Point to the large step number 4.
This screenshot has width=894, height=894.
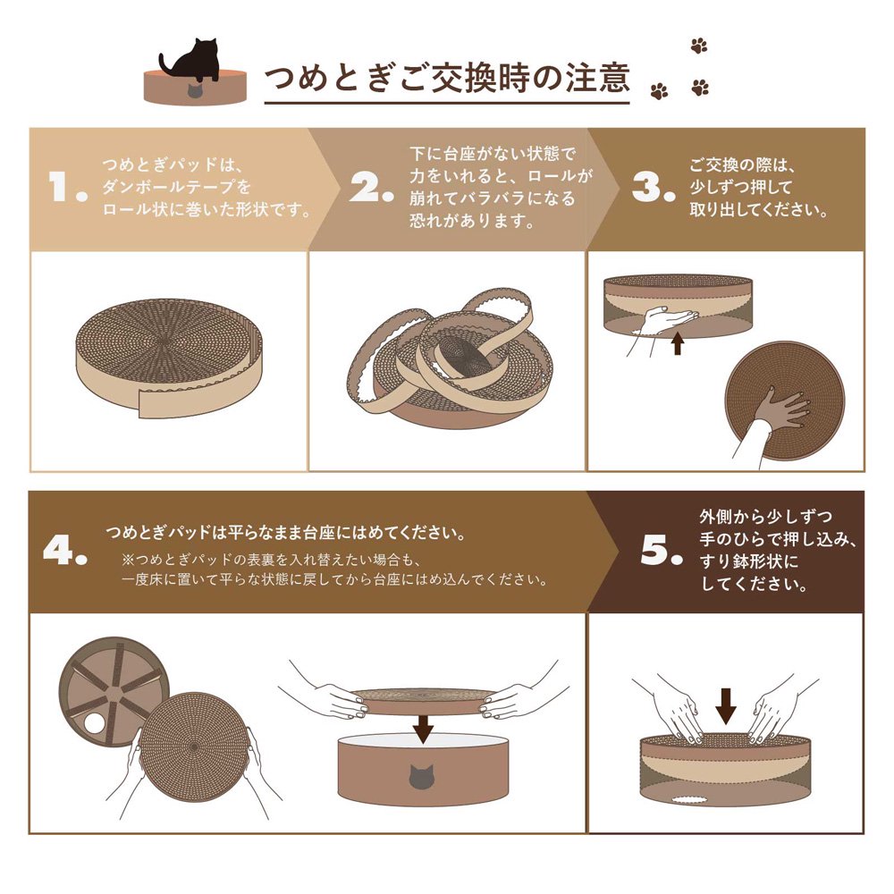[x=64, y=552]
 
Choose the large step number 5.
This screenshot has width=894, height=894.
[x=661, y=552]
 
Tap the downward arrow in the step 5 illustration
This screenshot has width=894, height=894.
[x=726, y=706]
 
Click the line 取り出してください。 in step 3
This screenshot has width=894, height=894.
[x=756, y=212]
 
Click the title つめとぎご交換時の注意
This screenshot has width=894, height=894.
[x=446, y=79]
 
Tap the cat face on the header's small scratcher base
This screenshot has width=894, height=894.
[x=195, y=92]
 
